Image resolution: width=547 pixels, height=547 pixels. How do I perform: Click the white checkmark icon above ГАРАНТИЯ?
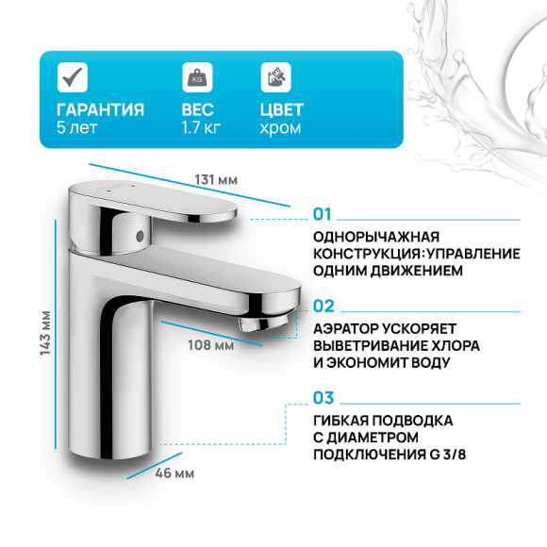click(x=72, y=76)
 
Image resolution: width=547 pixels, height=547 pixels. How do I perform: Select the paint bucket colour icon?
click(x=274, y=76)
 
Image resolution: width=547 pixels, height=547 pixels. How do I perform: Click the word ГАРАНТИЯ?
click(x=101, y=109)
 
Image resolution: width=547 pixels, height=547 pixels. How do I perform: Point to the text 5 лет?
click(x=76, y=127)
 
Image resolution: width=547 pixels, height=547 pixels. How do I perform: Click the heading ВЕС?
click(x=200, y=109)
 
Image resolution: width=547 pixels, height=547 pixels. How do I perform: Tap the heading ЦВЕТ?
click(x=282, y=109)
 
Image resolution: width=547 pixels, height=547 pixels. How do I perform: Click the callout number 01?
click(x=324, y=213)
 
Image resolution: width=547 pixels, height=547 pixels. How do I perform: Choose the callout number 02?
click(x=324, y=306)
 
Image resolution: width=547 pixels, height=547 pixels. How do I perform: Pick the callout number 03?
click(x=324, y=398)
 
